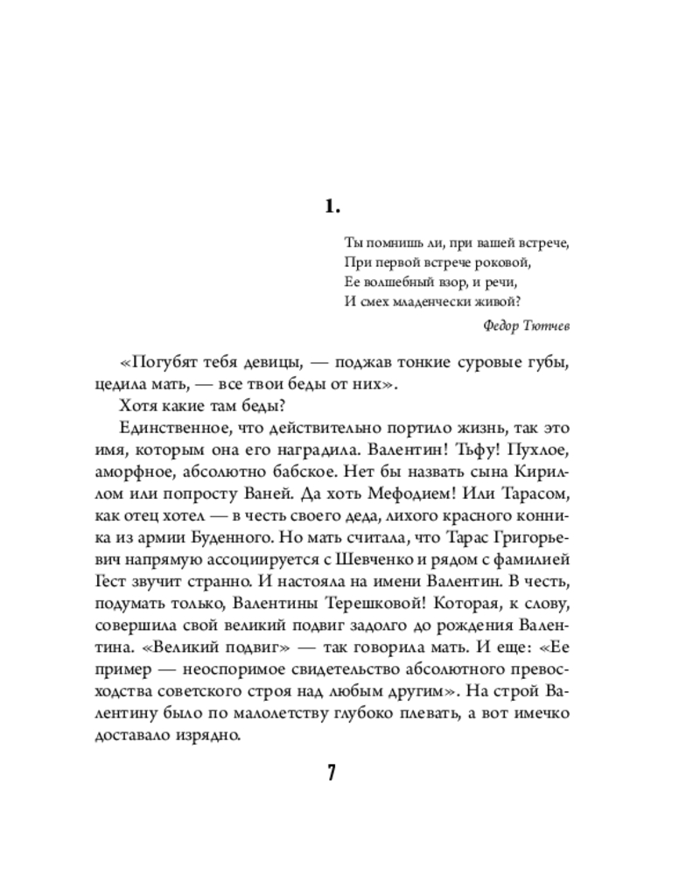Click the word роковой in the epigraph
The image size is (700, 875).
[x=502, y=262]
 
